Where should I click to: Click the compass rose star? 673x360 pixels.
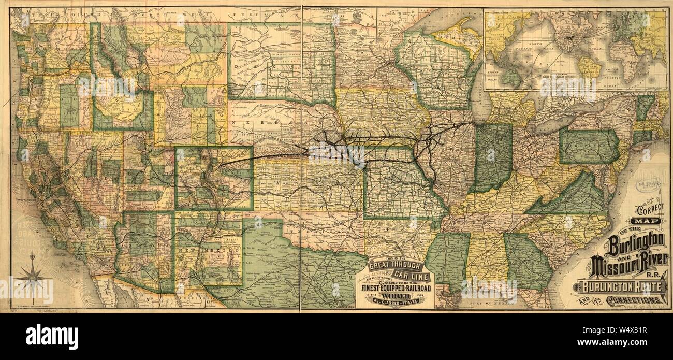pyautogui.click(x=32, y=279)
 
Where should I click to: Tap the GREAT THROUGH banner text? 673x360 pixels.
pyautogui.click(x=395, y=266)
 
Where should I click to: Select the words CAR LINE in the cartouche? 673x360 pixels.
pyautogui.click(x=409, y=273)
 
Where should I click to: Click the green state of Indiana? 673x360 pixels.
pyautogui.click(x=492, y=158)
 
